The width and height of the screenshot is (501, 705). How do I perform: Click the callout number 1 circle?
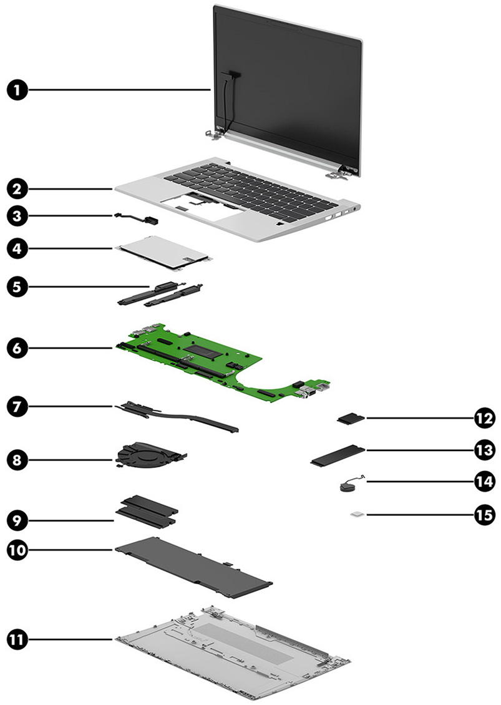pyautogui.click(x=18, y=90)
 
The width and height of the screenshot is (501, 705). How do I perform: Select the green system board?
pyautogui.click(x=206, y=356)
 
